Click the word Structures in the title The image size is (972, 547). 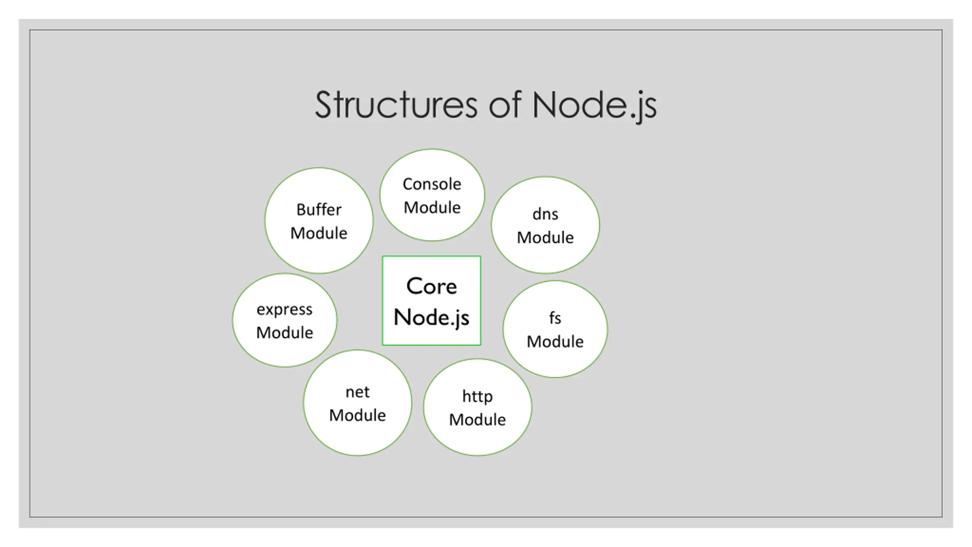pyautogui.click(x=396, y=105)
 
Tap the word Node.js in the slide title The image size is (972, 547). pyautogui.click(x=594, y=106)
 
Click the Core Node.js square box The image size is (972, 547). pyautogui.click(x=431, y=300)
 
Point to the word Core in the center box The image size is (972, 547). pyautogui.click(x=432, y=286)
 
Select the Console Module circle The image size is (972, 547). pyautogui.click(x=432, y=195)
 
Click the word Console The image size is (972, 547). pyautogui.click(x=432, y=184)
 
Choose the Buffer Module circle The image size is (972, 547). pyautogui.click(x=319, y=221)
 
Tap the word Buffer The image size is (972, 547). pyautogui.click(x=319, y=210)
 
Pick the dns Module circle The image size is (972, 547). pyautogui.click(x=545, y=225)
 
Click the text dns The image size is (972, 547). pyautogui.click(x=545, y=214)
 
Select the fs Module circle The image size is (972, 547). pyautogui.click(x=555, y=329)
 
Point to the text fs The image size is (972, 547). pyautogui.click(x=555, y=318)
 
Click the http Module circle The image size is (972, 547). pyautogui.click(x=478, y=407)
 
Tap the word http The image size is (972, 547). pyautogui.click(x=478, y=397)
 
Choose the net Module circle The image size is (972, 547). pyautogui.click(x=357, y=403)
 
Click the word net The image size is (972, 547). pyautogui.click(x=357, y=392)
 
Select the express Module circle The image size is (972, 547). pyautogui.click(x=284, y=320)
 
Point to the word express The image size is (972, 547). pyautogui.click(x=284, y=310)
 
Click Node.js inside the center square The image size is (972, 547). pyautogui.click(x=432, y=318)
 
